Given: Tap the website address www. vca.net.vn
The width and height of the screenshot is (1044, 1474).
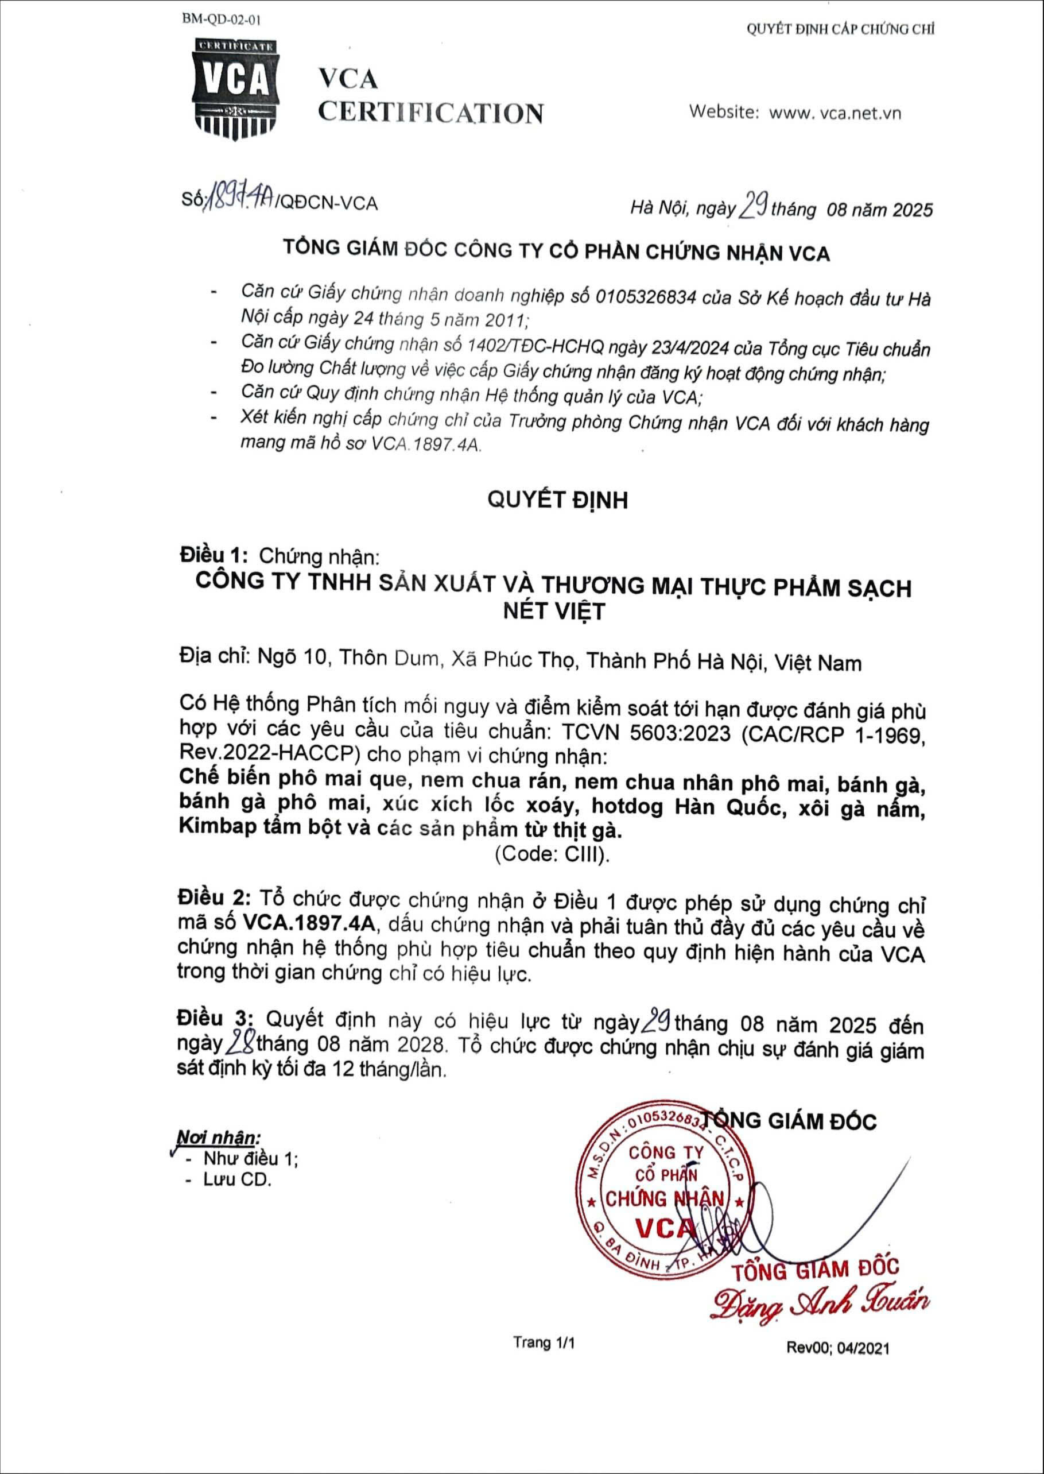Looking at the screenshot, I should pyautogui.click(x=835, y=113).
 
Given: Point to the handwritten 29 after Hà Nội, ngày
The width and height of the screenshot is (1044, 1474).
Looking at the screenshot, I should pyautogui.click(x=751, y=207).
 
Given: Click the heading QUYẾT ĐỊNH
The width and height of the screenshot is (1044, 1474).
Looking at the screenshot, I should pyautogui.click(x=557, y=499).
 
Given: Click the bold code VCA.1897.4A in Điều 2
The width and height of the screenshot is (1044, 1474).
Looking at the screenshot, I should pyautogui.click(x=312, y=923).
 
